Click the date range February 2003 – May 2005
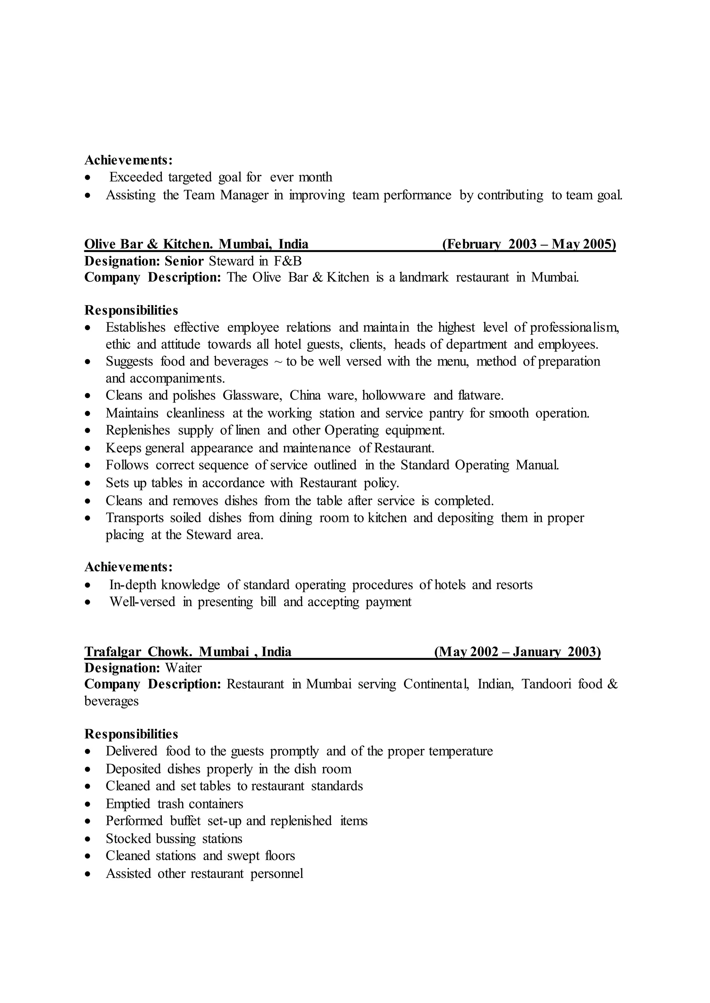click(x=529, y=244)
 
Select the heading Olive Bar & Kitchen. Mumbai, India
click(x=196, y=244)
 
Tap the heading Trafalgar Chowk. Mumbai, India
click(x=188, y=652)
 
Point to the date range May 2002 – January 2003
click(x=518, y=652)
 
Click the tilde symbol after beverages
click(x=277, y=362)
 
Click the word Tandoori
click(x=546, y=684)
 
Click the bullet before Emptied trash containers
click(x=88, y=805)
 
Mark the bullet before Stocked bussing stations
click(x=88, y=840)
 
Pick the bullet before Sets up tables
click(x=88, y=483)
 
